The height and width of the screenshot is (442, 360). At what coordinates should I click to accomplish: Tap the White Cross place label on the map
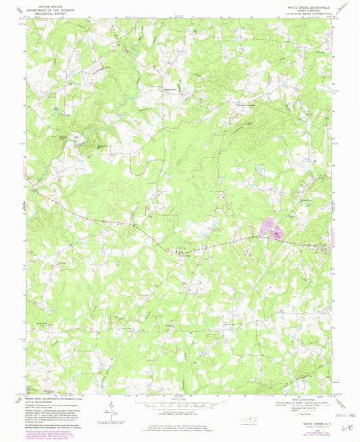[184, 255]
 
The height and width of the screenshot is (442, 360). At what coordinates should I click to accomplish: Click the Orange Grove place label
[172, 87]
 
